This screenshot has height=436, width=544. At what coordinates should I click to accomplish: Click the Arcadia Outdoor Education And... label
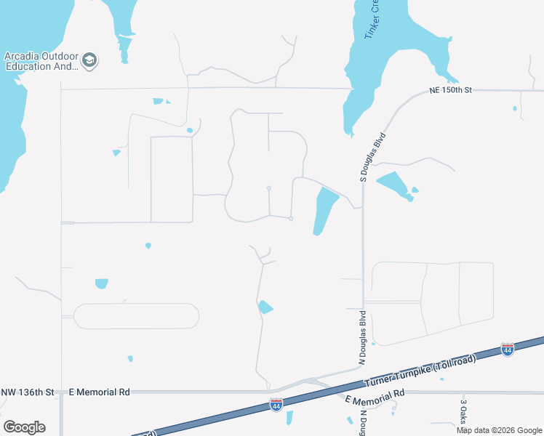coord(41,61)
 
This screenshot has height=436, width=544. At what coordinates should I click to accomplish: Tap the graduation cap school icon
coord(90,61)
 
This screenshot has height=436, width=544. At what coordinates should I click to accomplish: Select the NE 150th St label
coord(451,90)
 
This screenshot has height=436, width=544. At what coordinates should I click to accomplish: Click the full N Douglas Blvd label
coord(361,337)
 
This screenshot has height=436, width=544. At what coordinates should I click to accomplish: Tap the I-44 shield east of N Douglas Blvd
coord(508,350)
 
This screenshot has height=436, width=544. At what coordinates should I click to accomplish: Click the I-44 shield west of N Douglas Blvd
coord(276,405)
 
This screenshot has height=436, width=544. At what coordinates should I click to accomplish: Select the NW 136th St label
coord(28,392)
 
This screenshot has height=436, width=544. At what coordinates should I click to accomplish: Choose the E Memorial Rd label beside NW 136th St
coord(99,392)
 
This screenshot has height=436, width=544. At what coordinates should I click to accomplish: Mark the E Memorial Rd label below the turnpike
coord(375,397)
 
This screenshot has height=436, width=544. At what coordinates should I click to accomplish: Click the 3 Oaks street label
coord(463,411)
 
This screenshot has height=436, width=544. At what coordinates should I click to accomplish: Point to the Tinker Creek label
coord(372,18)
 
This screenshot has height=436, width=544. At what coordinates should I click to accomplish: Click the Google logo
coord(24,427)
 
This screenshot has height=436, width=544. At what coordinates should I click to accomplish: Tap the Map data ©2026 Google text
coord(500,430)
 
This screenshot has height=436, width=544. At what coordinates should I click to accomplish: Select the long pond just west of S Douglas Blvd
coord(325,209)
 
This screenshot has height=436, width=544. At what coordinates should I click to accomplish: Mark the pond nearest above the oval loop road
coord(101,283)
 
